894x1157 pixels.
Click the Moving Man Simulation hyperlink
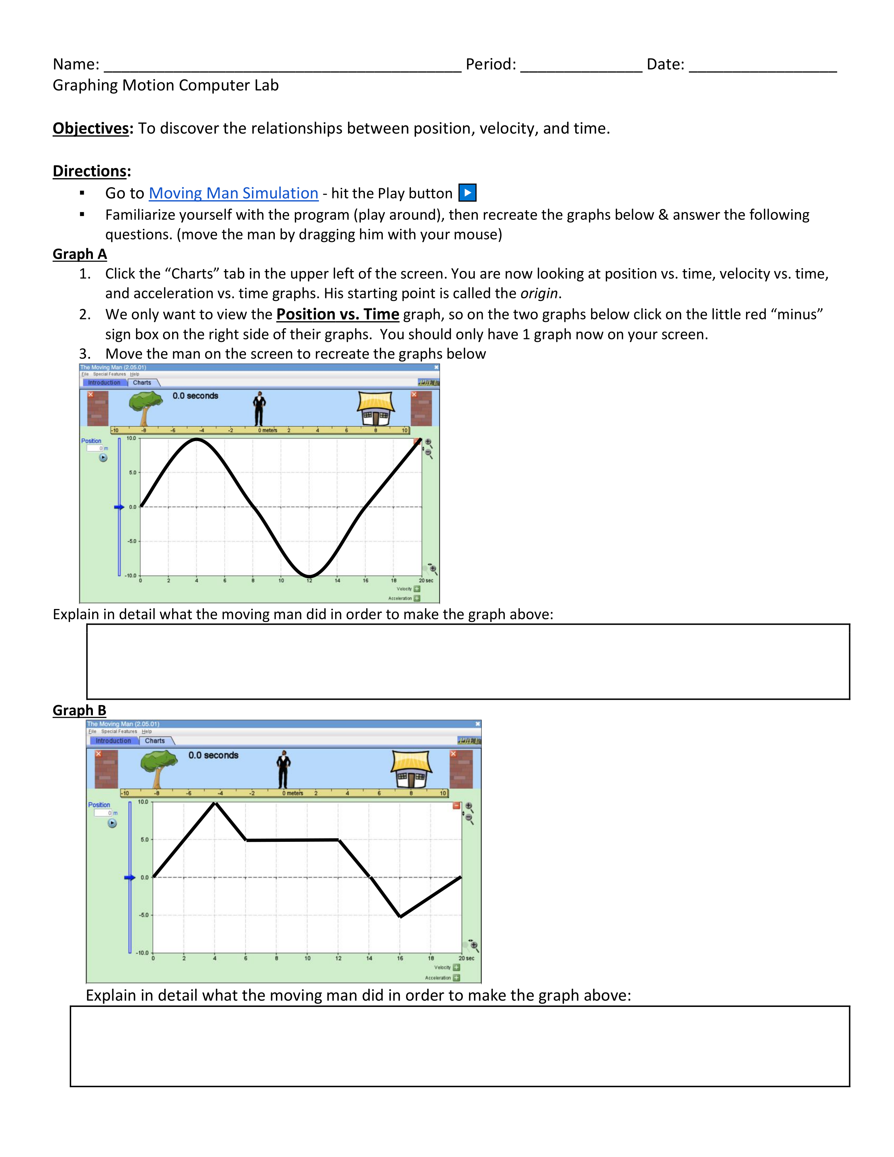point(233,194)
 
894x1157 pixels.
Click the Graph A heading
point(80,254)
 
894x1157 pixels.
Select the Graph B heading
point(80,710)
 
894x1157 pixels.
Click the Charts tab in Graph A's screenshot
point(142,383)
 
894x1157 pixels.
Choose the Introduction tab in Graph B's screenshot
point(113,740)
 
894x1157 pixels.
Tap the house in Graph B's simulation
point(412,769)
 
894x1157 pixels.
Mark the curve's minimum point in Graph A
point(309,576)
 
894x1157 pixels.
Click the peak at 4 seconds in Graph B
point(215,803)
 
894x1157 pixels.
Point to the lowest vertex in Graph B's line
point(400,916)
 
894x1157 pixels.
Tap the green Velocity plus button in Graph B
point(456,967)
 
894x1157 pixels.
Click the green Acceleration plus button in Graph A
point(417,598)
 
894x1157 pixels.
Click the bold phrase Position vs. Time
point(338,315)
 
